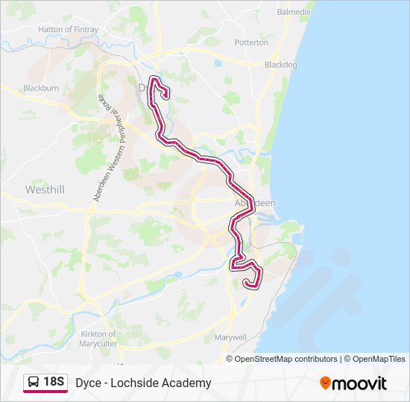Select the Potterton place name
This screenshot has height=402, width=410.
pyautogui.click(x=251, y=42)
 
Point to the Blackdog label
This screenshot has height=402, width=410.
pyautogui.click(x=281, y=65)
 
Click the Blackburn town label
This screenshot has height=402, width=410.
pyautogui.click(x=40, y=88)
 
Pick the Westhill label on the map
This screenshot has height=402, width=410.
pyautogui.click(x=45, y=190)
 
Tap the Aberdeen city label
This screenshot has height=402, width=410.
pyautogui.click(x=255, y=203)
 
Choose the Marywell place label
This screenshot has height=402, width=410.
pyautogui.click(x=230, y=337)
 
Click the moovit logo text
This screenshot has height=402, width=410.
pyautogui.click(x=360, y=383)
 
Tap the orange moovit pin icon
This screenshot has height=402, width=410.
pyautogui.click(x=325, y=383)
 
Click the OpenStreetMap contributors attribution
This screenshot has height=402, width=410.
pyautogui.click(x=286, y=359)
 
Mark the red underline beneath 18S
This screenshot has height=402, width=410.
pyautogui.click(x=45, y=392)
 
